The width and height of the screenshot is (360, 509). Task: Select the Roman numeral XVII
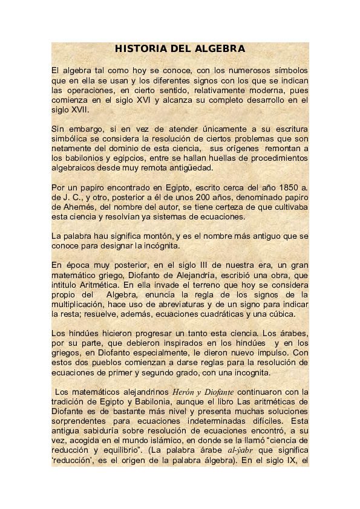click(80, 110)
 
